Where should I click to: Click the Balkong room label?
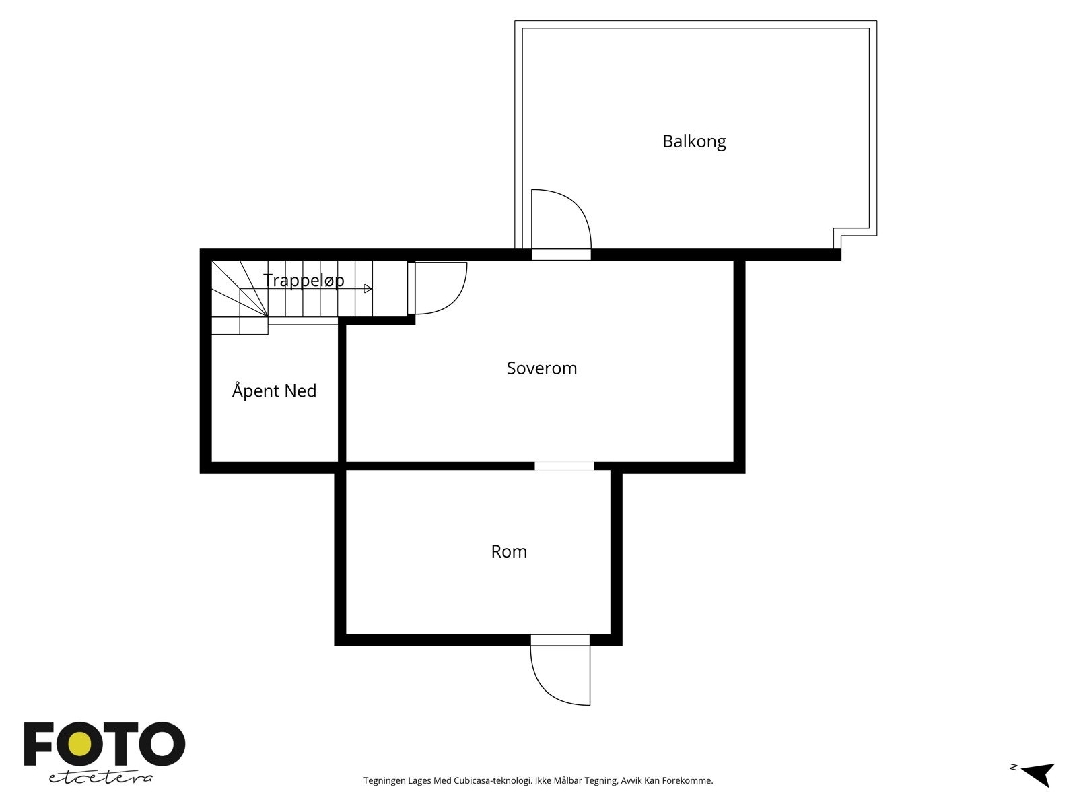click(694, 141)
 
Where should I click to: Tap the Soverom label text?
click(541, 368)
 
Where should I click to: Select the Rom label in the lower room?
click(509, 552)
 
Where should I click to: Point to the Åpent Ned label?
click(274, 391)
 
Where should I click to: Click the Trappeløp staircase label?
click(304, 280)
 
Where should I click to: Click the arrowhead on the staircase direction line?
click(368, 289)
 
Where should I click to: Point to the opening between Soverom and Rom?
click(564, 466)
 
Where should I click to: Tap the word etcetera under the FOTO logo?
click(100, 778)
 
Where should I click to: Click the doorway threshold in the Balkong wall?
click(561, 255)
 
